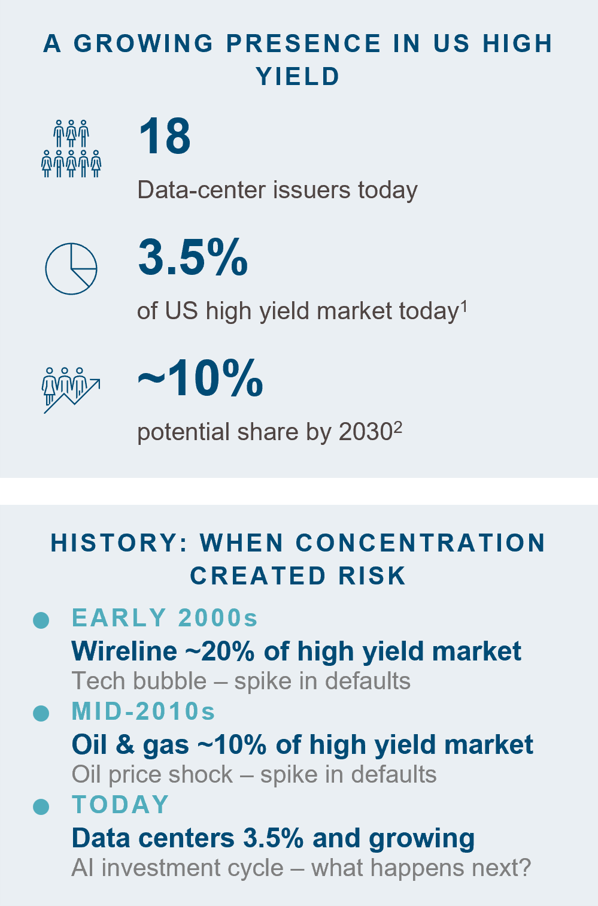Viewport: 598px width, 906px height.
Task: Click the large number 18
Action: click(x=164, y=136)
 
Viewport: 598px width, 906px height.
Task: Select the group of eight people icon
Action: click(x=71, y=149)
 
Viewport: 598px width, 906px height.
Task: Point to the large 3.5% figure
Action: click(x=193, y=257)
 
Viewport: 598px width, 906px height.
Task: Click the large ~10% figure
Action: click(x=200, y=378)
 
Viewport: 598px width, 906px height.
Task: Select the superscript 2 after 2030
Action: click(x=398, y=427)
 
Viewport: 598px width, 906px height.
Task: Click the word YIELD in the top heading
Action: click(x=298, y=77)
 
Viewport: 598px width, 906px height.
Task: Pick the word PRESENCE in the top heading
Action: click(x=303, y=43)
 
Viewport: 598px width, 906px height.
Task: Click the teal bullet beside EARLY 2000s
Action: click(x=41, y=620)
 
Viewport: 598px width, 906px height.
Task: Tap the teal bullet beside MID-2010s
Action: click(x=41, y=713)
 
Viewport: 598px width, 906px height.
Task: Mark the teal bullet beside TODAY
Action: click(x=41, y=807)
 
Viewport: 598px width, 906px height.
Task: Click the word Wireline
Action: click(x=125, y=651)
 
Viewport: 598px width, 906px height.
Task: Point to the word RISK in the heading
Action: click(x=372, y=576)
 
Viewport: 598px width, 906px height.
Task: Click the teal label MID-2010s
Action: click(x=143, y=711)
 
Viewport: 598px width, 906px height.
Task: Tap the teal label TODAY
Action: click(x=120, y=804)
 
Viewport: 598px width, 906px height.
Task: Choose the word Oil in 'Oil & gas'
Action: click(x=89, y=744)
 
